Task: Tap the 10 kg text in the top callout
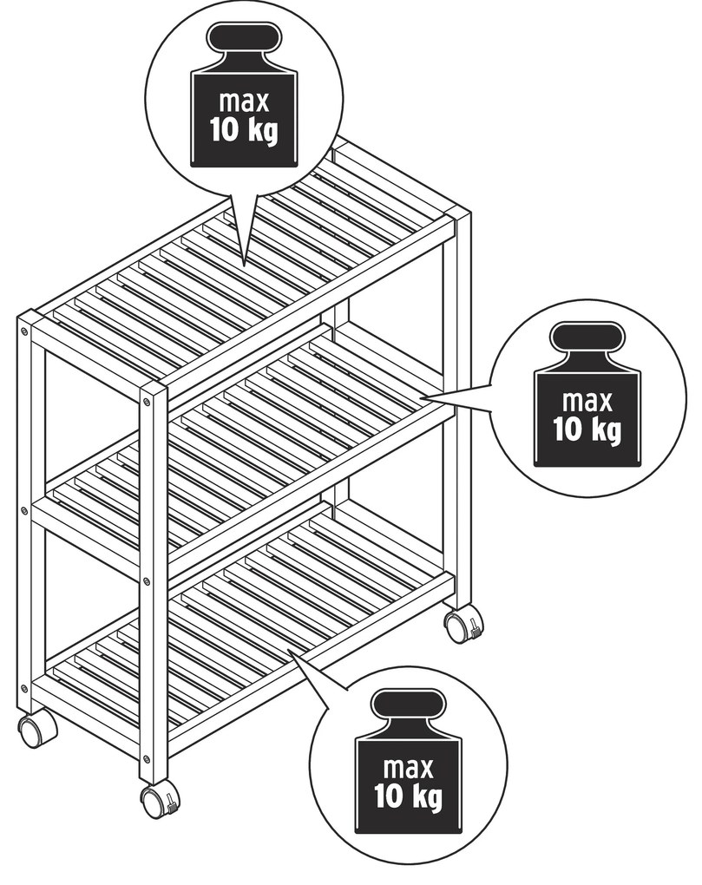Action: click(244, 130)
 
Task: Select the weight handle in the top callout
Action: click(245, 38)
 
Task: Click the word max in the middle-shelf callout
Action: click(587, 402)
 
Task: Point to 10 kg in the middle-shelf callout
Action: click(587, 429)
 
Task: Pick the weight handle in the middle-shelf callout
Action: click(587, 338)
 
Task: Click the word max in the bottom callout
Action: click(408, 768)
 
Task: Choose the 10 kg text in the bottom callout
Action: click(408, 796)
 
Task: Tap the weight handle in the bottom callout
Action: click(408, 704)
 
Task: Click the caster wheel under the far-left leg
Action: click(37, 731)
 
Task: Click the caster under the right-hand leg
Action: click(463, 624)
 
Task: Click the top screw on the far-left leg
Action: click(24, 331)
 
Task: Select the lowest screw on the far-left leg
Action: click(23, 688)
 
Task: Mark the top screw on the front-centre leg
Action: click(147, 403)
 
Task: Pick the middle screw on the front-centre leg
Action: click(147, 580)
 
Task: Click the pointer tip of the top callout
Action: click(244, 265)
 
